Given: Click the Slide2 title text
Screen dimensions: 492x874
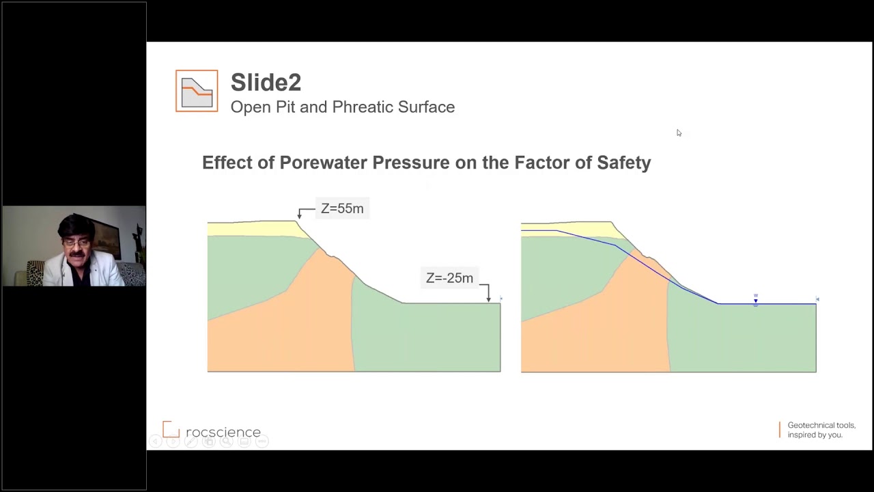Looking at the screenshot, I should (x=266, y=83).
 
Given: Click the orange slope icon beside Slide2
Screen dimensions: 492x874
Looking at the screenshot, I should (x=197, y=91).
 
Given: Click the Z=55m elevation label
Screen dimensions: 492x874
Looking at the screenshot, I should (x=342, y=208).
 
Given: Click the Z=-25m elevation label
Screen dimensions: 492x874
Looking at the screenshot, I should (x=449, y=278).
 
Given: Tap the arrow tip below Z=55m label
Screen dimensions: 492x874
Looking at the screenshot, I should (x=299, y=217).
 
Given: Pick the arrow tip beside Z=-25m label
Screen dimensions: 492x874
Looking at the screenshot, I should (x=488, y=299).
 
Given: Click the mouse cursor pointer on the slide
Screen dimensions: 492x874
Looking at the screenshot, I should (x=679, y=133).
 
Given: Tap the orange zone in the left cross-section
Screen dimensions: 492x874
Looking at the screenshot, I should (x=300, y=328).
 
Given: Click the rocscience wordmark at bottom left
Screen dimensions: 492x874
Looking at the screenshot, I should (x=223, y=433).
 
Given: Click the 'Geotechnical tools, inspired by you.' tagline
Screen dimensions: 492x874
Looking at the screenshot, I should (x=821, y=430).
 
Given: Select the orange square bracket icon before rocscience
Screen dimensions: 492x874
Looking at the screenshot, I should (x=171, y=430).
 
